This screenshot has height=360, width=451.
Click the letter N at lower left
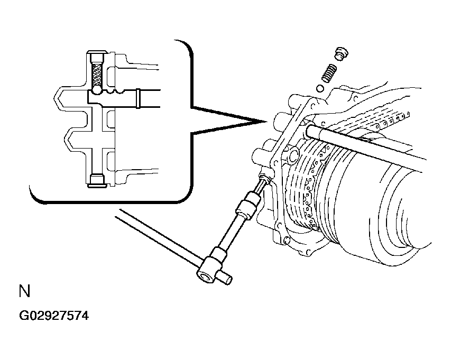pos(24,291)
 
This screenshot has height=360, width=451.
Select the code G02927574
pos(54,316)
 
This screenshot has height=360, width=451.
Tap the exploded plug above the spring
pos(342,53)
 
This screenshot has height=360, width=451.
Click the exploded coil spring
pos(329,73)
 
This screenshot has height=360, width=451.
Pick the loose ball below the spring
pos(320,88)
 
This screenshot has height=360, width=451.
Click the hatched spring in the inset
pos(96,74)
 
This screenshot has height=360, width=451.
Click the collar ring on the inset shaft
pos(138,98)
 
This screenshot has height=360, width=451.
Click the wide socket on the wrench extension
pos(246,205)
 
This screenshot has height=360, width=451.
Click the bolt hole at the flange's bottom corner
pos(287,240)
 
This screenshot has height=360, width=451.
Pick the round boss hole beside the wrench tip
pos(293,155)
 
